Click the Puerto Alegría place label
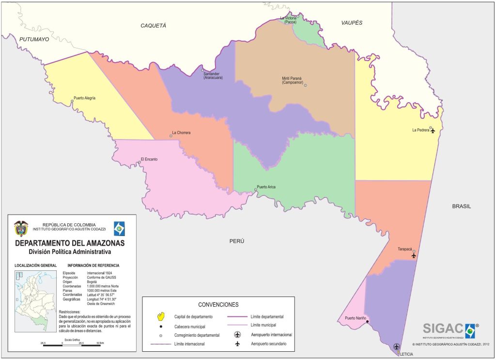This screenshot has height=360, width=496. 85,98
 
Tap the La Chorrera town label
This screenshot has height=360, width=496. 181,132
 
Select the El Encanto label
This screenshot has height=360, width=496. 149,159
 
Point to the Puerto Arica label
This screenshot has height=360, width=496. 266,187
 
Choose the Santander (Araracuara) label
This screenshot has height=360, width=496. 213,75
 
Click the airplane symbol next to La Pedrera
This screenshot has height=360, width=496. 433,130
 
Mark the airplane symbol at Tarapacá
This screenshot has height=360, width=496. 414,255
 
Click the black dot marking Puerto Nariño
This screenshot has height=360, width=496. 367,322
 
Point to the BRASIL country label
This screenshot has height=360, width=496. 461,206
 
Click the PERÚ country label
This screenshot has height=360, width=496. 236,241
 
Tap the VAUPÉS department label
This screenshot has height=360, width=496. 352,23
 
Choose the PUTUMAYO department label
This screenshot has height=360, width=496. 34,39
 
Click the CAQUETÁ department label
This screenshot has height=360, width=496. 153,25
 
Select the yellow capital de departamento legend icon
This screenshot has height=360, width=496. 162,316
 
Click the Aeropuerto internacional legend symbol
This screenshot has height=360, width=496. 237,334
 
